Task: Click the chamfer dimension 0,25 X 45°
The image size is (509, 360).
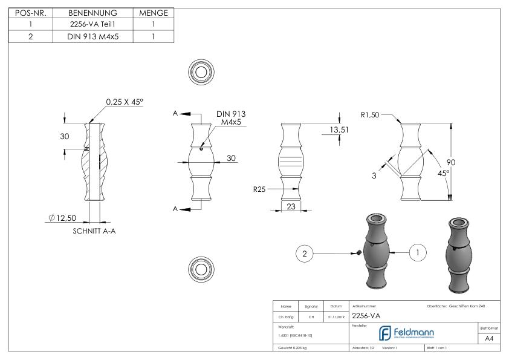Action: [125, 102]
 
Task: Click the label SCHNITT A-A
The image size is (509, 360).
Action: [89, 231]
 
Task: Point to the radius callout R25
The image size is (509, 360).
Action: [259, 189]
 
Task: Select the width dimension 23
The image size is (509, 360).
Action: [291, 206]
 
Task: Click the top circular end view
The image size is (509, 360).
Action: [199, 71]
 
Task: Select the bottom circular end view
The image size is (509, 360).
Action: [199, 267]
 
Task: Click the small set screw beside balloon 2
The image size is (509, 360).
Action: [358, 252]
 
